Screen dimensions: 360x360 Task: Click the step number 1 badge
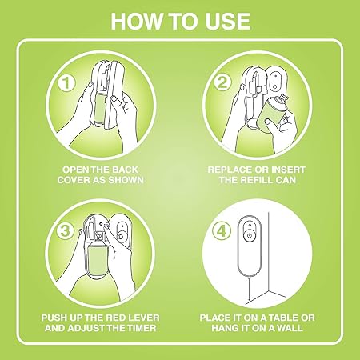(66, 82)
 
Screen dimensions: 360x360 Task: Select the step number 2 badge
(222, 82)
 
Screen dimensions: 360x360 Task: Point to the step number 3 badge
(65, 230)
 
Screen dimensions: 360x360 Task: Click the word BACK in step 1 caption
(125, 170)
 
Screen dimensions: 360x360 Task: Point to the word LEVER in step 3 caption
(145, 318)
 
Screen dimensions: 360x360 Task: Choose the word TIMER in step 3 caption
(141, 328)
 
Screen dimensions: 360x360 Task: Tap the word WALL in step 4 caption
(290, 328)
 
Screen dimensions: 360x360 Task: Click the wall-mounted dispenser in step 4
(250, 246)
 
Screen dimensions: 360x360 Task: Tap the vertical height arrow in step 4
(250, 290)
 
